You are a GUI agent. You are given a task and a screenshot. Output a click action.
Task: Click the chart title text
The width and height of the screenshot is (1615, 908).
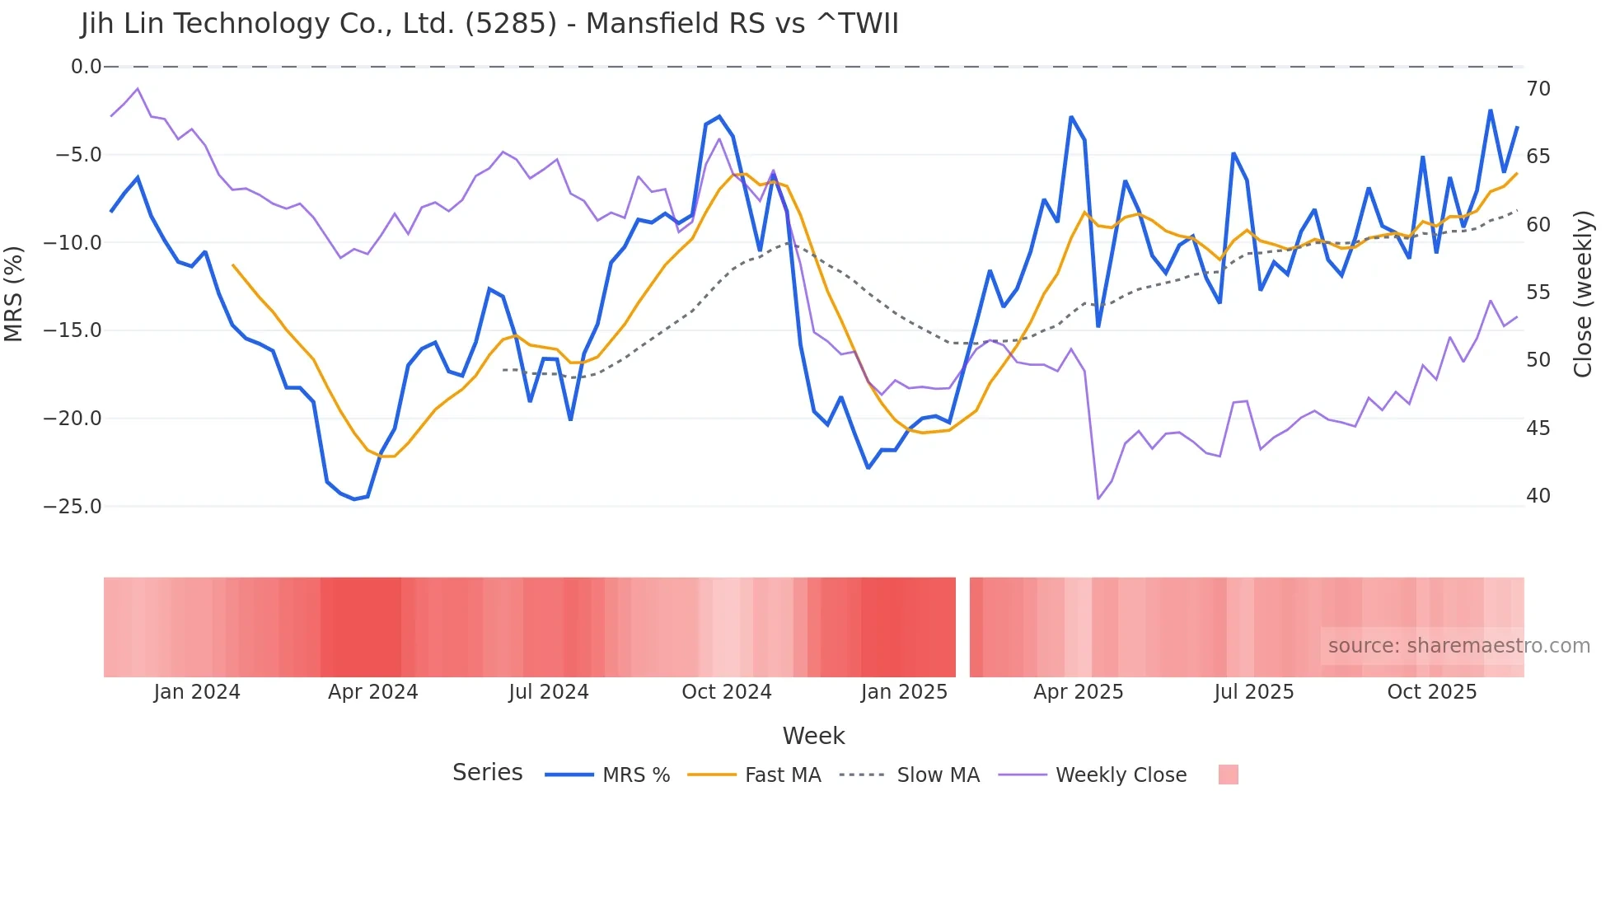pos(489,24)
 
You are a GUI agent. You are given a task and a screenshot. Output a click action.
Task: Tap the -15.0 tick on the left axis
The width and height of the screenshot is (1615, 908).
pos(73,330)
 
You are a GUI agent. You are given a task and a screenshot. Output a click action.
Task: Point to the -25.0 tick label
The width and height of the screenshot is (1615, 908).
pos(73,507)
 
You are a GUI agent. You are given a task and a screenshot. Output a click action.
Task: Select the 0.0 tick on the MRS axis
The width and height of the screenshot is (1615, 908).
pos(86,67)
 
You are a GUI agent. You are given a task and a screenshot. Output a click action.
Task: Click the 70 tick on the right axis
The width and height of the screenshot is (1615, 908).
pos(1538,89)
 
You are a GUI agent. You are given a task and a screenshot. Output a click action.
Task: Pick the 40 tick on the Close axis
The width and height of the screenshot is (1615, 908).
pos(1538,496)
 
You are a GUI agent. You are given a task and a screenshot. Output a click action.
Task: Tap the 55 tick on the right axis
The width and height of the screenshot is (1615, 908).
pos(1538,293)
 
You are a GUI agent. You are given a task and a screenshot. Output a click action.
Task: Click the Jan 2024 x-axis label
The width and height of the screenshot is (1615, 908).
pos(197,692)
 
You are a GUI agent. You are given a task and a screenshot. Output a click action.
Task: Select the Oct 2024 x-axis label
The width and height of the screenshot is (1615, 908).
pos(726,692)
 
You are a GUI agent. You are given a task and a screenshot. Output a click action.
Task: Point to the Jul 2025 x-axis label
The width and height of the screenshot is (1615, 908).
pos(1253,692)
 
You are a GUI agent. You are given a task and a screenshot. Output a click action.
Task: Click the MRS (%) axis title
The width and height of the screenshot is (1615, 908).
pos(14,293)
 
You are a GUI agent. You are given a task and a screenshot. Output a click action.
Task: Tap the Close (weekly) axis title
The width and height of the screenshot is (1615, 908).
pos(1583,294)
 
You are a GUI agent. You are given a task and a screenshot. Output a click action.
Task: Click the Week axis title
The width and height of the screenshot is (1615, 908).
pos(813,736)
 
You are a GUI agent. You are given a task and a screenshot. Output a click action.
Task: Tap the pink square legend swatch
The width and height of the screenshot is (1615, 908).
pos(1228,775)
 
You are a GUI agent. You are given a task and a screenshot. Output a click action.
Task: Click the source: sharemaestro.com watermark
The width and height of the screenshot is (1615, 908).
pos(1458,646)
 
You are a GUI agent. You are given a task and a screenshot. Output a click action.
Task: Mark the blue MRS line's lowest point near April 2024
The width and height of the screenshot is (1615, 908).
pos(354,499)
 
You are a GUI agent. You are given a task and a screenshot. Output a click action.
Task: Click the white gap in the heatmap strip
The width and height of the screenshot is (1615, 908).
pos(962,627)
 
